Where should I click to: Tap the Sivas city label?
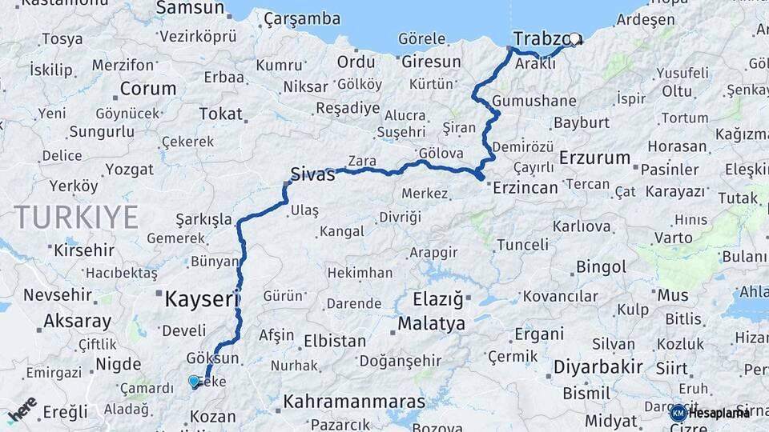[312, 174]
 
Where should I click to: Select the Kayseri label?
[201, 300]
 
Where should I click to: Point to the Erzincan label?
[525, 187]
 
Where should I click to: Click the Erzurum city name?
[594, 158]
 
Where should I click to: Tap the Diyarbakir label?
[598, 367]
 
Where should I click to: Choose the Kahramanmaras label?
[353, 401]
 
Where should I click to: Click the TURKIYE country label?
[76, 217]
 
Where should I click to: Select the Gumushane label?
[534, 101]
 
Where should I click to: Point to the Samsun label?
[190, 8]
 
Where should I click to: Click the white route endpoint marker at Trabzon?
[574, 38]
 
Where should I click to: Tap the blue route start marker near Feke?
[193, 381]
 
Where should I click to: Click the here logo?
[22, 410]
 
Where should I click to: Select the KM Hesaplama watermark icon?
[678, 413]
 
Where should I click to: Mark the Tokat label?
[220, 114]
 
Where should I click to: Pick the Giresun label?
[431, 62]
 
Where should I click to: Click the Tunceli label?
[522, 244]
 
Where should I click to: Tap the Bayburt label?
[582, 123]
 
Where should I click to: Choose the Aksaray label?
[77, 322]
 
